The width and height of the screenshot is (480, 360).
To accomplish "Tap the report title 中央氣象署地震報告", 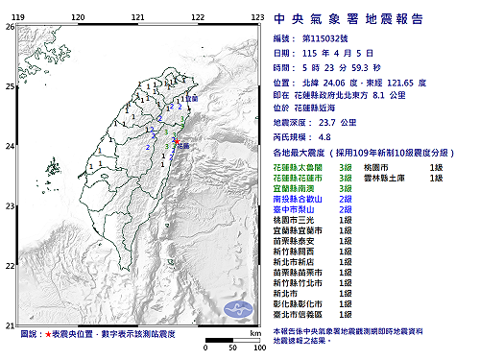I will pyautogui.click(x=369, y=16).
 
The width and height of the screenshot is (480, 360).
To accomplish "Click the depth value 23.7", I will pyautogui.click(x=341, y=123).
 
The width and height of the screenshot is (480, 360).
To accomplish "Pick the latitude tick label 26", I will pyautogui.click(x=9, y=27).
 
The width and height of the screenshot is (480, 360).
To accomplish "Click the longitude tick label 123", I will pyautogui.click(x=257, y=17).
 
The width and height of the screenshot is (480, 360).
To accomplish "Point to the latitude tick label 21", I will pyautogui.click(x=9, y=324).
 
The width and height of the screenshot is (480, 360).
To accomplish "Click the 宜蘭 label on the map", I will pyautogui.click(x=191, y=99).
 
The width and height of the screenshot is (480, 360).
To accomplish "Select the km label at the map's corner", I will pyautogui.click(x=254, y=332).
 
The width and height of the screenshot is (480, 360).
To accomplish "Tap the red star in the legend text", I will pyautogui.click(x=47, y=335).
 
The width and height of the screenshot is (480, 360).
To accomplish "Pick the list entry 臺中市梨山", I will pyautogui.click(x=297, y=209).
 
